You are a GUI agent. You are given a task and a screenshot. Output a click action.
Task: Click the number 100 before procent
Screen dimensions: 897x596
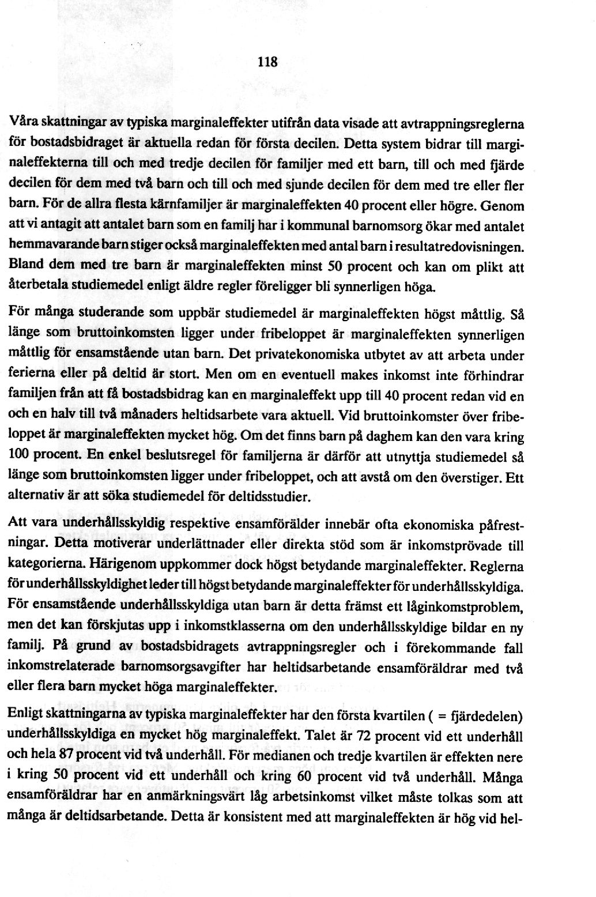20,456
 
